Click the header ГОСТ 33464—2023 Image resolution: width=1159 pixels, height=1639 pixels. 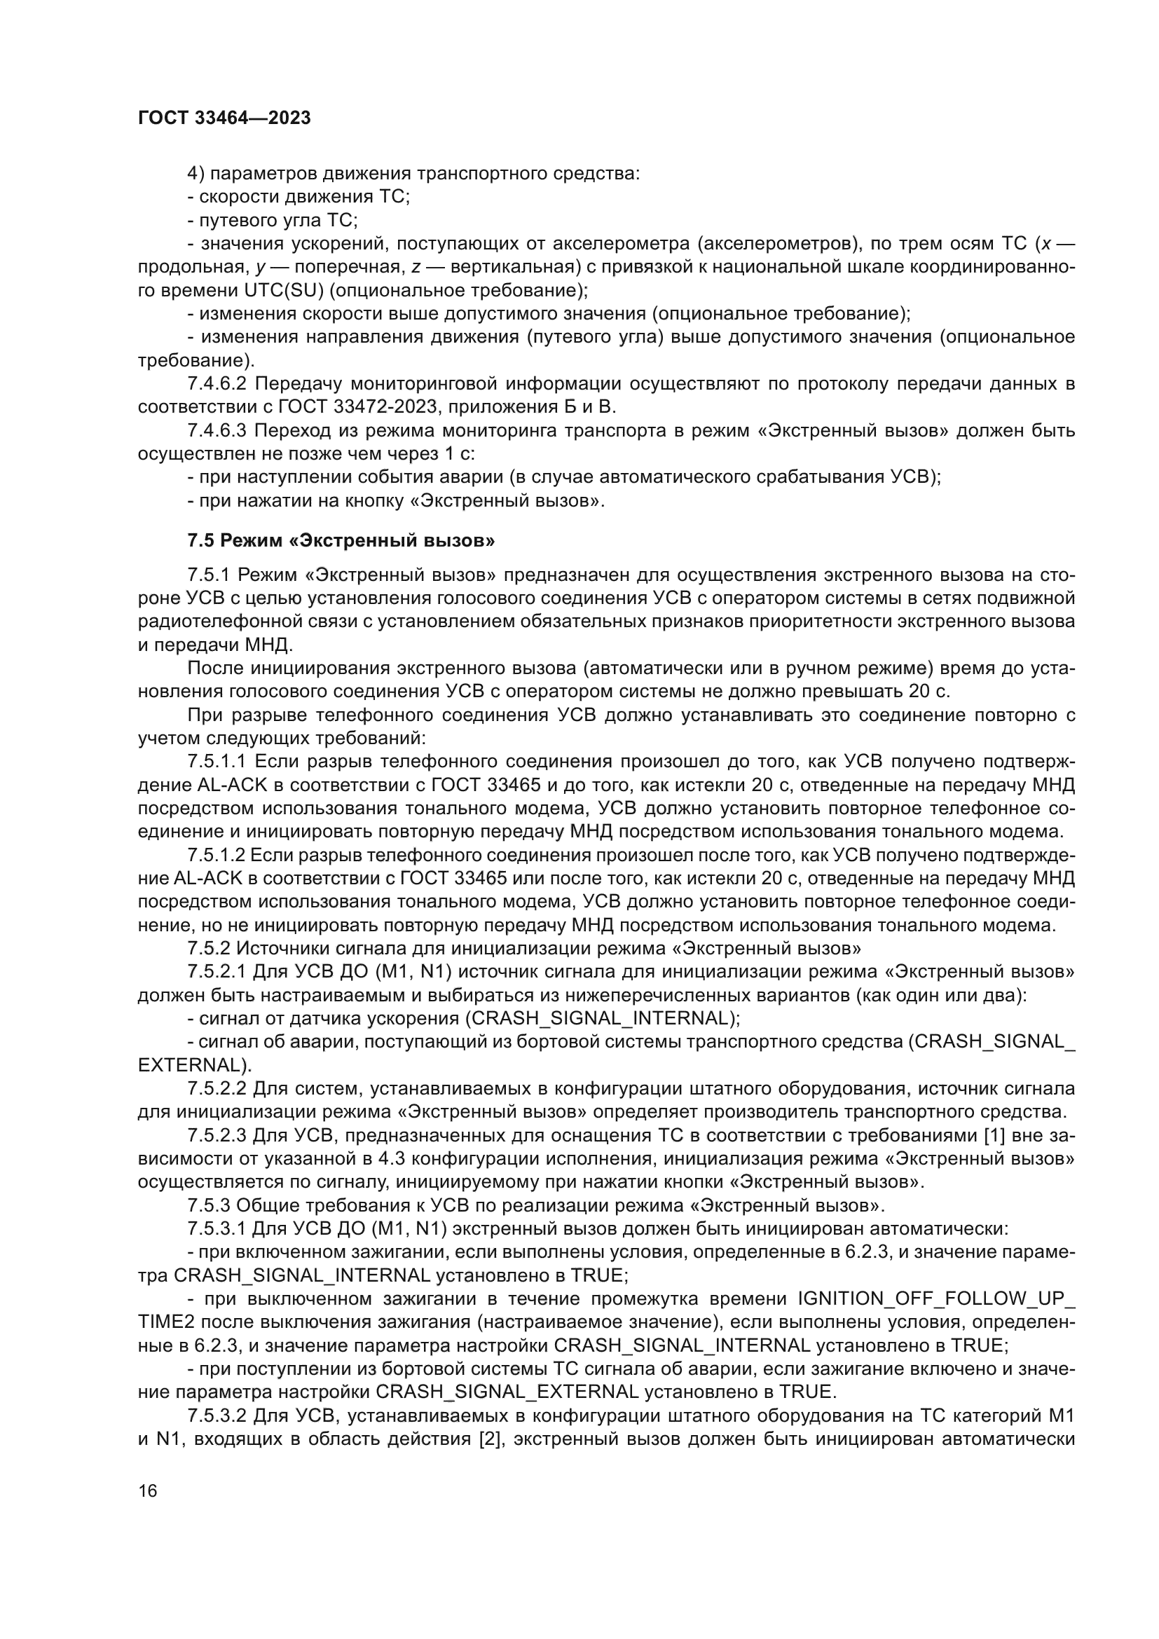(x=224, y=118)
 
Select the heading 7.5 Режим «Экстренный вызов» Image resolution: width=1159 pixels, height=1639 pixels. (x=341, y=540)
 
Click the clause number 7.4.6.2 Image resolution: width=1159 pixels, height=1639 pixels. (x=217, y=384)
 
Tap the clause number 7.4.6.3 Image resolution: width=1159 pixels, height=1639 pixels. (x=217, y=431)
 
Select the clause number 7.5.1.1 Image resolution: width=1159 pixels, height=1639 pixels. (x=217, y=762)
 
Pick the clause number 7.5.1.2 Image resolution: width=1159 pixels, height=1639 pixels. (x=217, y=855)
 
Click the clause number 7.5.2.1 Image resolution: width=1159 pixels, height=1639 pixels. (x=217, y=973)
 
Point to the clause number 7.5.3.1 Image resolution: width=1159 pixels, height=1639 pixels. (x=217, y=1229)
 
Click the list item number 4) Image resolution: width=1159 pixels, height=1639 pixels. (x=196, y=174)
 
